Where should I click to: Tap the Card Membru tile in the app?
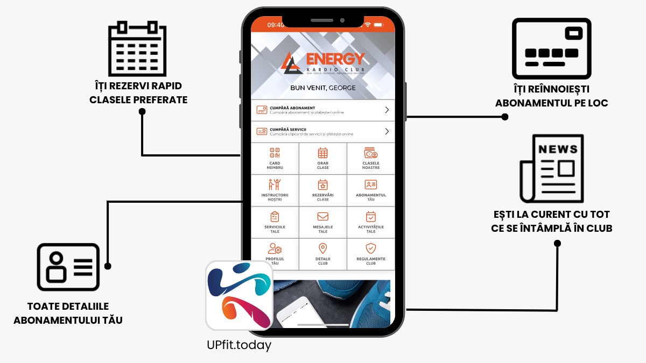pos(275,158)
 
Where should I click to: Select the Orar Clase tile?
pos(322,158)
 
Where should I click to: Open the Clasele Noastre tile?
pos(370,158)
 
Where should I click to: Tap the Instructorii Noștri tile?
pos(275,190)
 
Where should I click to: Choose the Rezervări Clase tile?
pos(322,190)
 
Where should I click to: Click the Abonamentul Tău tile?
pos(370,190)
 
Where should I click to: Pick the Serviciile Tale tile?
pos(275,222)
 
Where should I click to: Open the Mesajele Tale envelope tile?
pos(322,222)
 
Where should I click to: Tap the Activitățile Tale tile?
pos(370,222)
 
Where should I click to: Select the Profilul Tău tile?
pos(275,253)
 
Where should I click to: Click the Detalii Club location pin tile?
pos(322,253)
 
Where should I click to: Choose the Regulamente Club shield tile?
pos(370,253)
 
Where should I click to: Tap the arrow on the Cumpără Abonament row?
pos(387,110)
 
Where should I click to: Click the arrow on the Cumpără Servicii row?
pos(387,131)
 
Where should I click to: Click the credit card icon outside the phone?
pos(551,49)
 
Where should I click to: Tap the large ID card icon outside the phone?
pos(68,267)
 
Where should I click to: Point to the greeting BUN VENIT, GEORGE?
pos(322,88)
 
